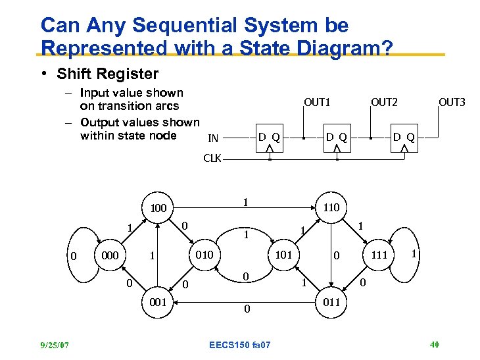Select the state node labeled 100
tap(158, 209)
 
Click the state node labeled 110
tap(331, 208)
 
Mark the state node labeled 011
tap(331, 303)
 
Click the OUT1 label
tap(317, 103)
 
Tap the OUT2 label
tap(385, 102)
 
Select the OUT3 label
tap(452, 103)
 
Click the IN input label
tap(213, 138)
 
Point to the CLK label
tap(212, 159)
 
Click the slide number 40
tap(434, 345)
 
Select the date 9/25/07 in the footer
tap(54, 345)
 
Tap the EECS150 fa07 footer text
tap(239, 345)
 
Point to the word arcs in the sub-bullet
tap(166, 106)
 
